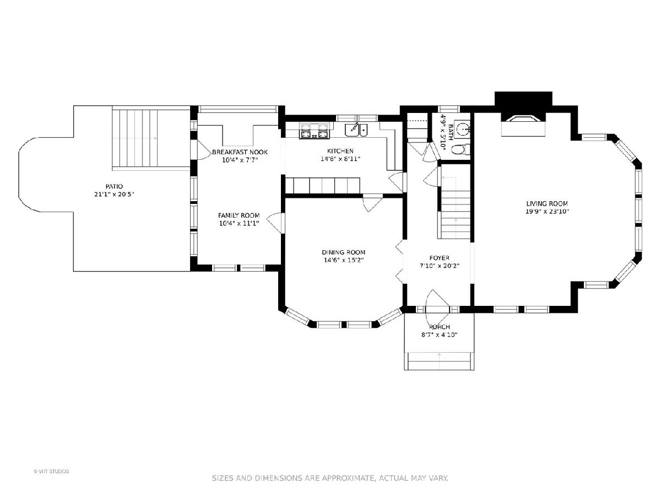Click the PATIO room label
point(114,186)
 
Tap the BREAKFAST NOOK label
point(240,152)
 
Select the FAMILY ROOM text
point(239,215)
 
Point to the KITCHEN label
point(340,151)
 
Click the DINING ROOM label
point(343,252)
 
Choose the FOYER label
point(440,258)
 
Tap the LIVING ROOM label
point(547,203)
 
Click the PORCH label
point(440,327)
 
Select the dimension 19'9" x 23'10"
point(547,212)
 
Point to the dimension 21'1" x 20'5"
point(114,195)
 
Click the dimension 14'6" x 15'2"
point(344,260)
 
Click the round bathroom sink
point(462,129)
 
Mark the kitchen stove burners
point(315,131)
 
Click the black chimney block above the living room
point(523,99)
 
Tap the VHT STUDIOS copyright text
point(51,471)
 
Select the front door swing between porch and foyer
point(437,301)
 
